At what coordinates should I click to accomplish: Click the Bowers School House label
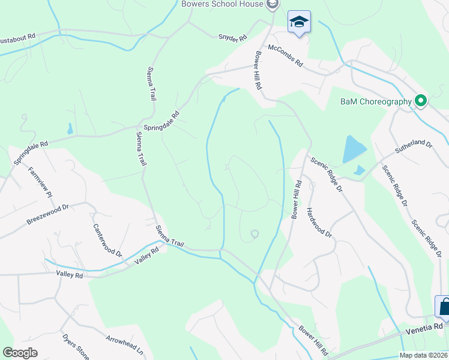[x=222, y=4]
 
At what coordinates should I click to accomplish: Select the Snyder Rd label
[x=232, y=38]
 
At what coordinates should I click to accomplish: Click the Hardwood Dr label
[x=319, y=223]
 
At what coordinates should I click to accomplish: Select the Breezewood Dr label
[x=48, y=214]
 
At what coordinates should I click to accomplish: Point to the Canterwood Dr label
[x=106, y=241]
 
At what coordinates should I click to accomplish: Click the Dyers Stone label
[x=76, y=346]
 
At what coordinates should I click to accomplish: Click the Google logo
[x=20, y=353]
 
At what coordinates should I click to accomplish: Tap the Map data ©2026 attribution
[x=423, y=355]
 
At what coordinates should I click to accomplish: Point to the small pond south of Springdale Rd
[x=70, y=128]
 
